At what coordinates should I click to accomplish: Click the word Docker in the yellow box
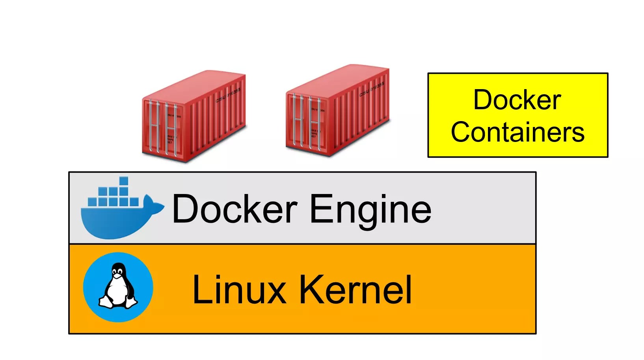tap(517, 100)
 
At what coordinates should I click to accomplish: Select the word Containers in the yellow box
tap(517, 132)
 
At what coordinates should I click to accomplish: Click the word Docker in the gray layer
tap(235, 209)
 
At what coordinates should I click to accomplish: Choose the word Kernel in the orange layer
tap(356, 290)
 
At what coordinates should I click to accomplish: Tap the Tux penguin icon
tap(118, 287)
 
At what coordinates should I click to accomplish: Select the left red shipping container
tap(194, 116)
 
